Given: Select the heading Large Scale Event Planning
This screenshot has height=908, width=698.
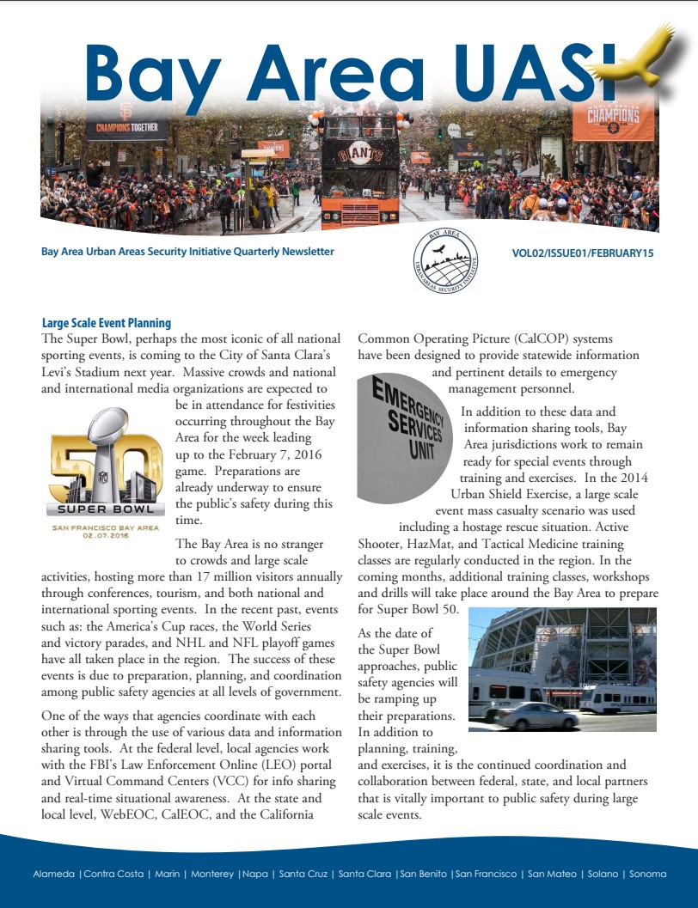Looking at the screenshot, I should (107, 323).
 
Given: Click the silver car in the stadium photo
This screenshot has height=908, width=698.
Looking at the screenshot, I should (536, 716).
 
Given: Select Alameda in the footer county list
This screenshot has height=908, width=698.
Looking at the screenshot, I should (54, 874).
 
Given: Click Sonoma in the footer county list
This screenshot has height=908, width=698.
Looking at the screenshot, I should (647, 874).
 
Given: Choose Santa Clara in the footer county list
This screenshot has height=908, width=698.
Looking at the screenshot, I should (365, 874).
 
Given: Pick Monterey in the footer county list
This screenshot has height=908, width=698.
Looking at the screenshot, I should (211, 874).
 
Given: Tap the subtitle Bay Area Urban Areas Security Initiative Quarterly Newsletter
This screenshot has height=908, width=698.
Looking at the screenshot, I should (187, 252).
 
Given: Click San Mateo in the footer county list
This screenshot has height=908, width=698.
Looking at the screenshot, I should (550, 874).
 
